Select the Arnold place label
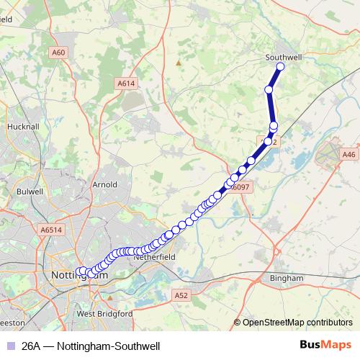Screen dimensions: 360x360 click(x=105, y=185)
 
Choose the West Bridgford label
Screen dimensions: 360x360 click(x=104, y=314)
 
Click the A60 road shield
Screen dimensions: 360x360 click(x=59, y=53)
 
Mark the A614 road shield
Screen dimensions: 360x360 click(x=126, y=84)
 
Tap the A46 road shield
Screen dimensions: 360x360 click(x=350, y=153)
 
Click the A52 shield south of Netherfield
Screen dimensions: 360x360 click(x=181, y=294)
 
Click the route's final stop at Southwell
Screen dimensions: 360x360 click(x=280, y=67)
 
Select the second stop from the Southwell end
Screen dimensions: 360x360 click(x=269, y=90)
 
